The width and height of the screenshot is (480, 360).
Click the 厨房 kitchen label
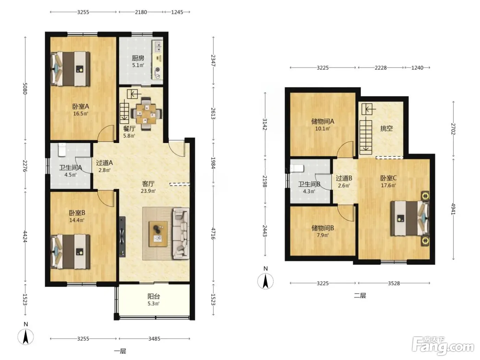pos(138,58)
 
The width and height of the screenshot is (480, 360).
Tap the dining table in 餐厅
pos(146,114)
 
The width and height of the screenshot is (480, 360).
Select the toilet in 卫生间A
pos(62,150)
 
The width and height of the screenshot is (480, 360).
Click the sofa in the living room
pos(181,233)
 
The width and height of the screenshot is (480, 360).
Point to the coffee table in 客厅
pos(158,234)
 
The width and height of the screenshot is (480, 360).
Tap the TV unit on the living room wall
pos(122,237)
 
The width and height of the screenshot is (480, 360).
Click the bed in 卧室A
pos(70,69)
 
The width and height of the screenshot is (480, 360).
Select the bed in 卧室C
pos(410,218)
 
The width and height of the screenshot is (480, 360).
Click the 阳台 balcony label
pos(154,296)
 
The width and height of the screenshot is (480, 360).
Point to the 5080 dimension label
pos(25,88)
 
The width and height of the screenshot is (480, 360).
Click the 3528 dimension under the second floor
pos(394,283)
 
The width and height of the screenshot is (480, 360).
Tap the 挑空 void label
pos(386,128)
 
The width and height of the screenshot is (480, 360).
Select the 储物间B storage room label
pos(323,228)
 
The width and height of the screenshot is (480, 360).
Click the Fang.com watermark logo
pos(443,348)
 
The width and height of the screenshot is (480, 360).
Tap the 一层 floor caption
pos(120,351)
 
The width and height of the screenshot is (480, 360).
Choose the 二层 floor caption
pos(360,296)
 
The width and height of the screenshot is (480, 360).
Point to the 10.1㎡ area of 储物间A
pos(323,129)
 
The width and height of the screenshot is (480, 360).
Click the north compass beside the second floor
pos(265,281)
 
